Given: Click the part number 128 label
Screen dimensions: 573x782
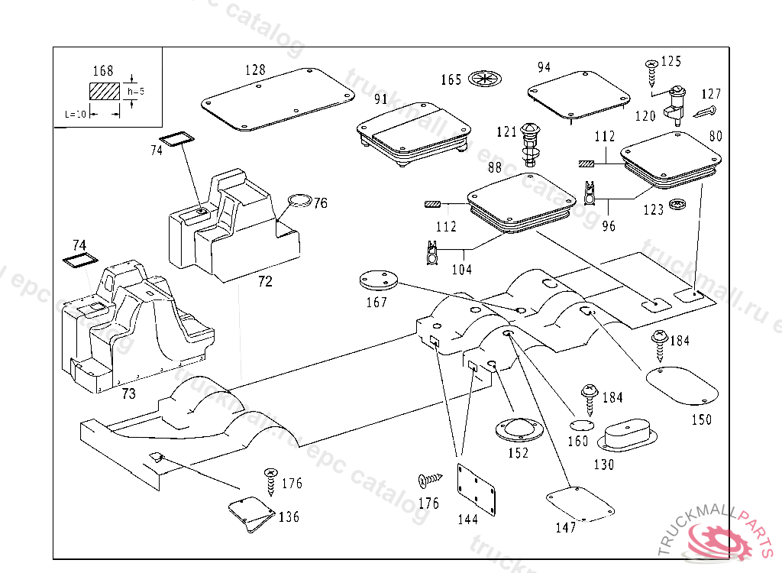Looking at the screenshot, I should [255, 70].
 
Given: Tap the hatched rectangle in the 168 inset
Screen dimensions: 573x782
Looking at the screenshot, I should [105, 91].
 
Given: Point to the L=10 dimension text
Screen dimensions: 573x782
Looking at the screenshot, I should [76, 113].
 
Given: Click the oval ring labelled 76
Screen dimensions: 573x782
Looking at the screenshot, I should [299, 201].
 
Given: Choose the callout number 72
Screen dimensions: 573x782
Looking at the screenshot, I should [265, 282].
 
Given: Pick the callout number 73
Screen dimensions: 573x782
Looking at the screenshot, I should [129, 393].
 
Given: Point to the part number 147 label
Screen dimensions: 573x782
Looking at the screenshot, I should [566, 527].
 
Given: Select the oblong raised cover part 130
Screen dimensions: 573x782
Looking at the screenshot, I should [626, 437].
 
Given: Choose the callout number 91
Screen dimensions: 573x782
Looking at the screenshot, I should [381, 99].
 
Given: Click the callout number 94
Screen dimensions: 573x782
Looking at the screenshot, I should [544, 67].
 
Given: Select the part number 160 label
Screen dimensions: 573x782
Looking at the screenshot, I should [578, 441].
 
